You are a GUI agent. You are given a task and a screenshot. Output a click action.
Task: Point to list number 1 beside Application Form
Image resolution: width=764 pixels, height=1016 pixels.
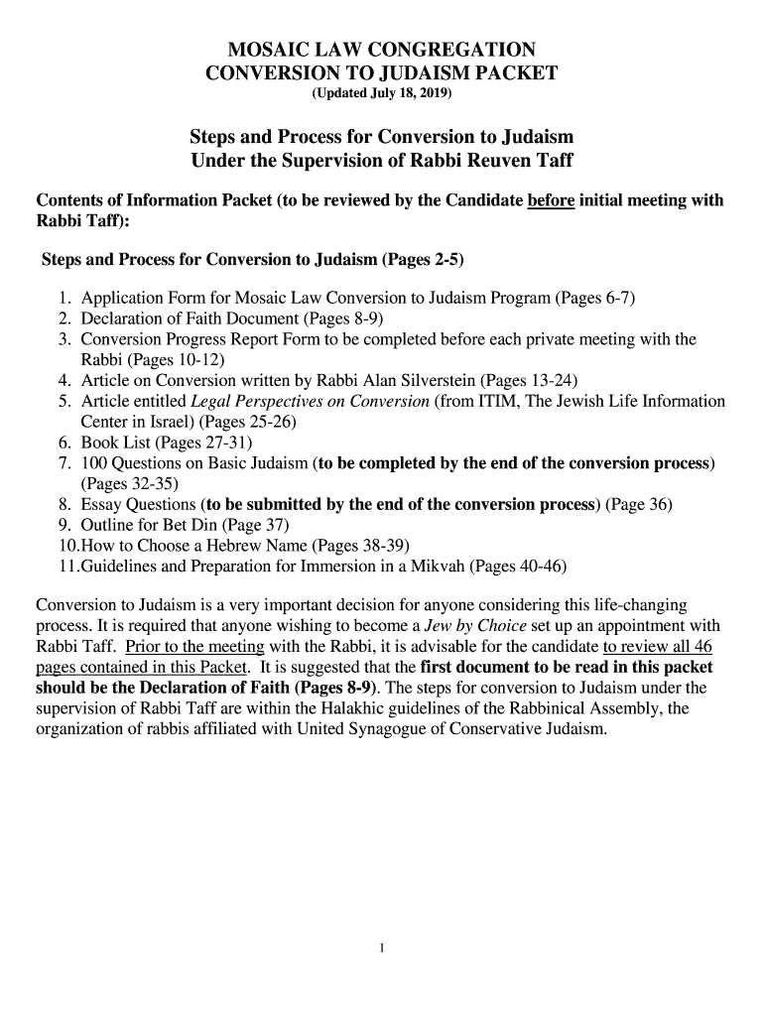64,298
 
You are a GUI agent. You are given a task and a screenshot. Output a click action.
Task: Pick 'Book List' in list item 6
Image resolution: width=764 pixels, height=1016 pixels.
115,443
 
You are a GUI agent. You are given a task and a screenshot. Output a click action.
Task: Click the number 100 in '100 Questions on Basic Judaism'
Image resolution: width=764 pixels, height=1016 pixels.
96,463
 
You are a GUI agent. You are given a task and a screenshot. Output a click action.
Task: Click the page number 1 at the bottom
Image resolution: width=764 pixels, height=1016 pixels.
382,947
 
